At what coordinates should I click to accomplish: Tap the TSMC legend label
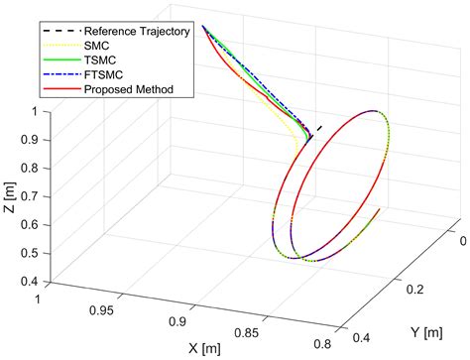[98, 60]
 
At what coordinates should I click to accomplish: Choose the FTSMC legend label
[102, 74]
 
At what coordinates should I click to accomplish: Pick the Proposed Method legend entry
[128, 89]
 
